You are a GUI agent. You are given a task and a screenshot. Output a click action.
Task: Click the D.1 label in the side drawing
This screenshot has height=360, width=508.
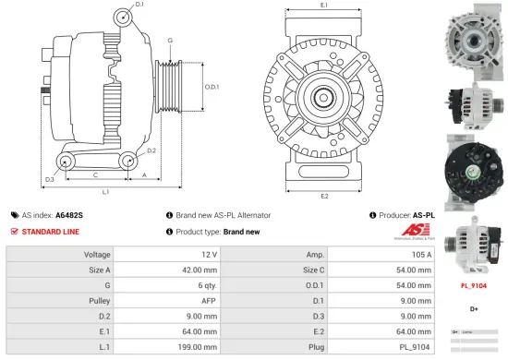139,6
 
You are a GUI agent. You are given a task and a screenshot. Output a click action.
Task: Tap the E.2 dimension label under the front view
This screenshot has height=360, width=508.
324,196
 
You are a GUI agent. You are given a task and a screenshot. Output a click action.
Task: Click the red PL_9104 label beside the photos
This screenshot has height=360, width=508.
474,286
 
